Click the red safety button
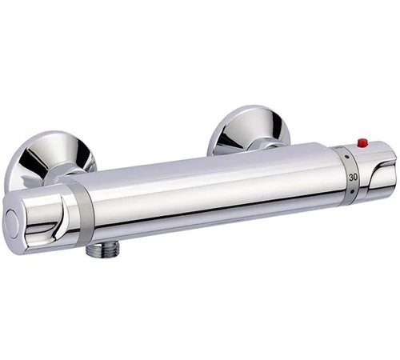coord(362,142)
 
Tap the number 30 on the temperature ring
coord(353,177)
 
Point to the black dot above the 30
coord(346,157)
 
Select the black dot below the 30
coord(353,191)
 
